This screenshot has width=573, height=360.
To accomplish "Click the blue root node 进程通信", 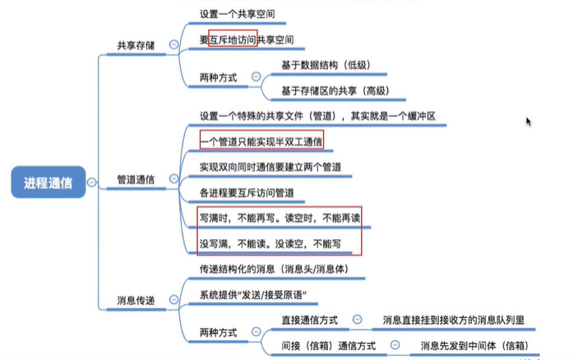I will coord(49,182).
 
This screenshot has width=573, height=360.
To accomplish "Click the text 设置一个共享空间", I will coord(238,15).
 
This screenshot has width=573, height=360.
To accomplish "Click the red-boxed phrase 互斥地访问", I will coord(233,39).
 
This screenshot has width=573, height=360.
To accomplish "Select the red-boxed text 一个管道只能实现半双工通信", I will coord(261,142).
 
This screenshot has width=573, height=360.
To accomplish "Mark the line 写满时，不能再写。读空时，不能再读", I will coord(280,219).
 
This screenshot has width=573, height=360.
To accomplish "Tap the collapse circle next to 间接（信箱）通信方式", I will coord(395,346).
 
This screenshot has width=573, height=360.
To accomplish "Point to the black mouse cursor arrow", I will coord(529,121).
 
